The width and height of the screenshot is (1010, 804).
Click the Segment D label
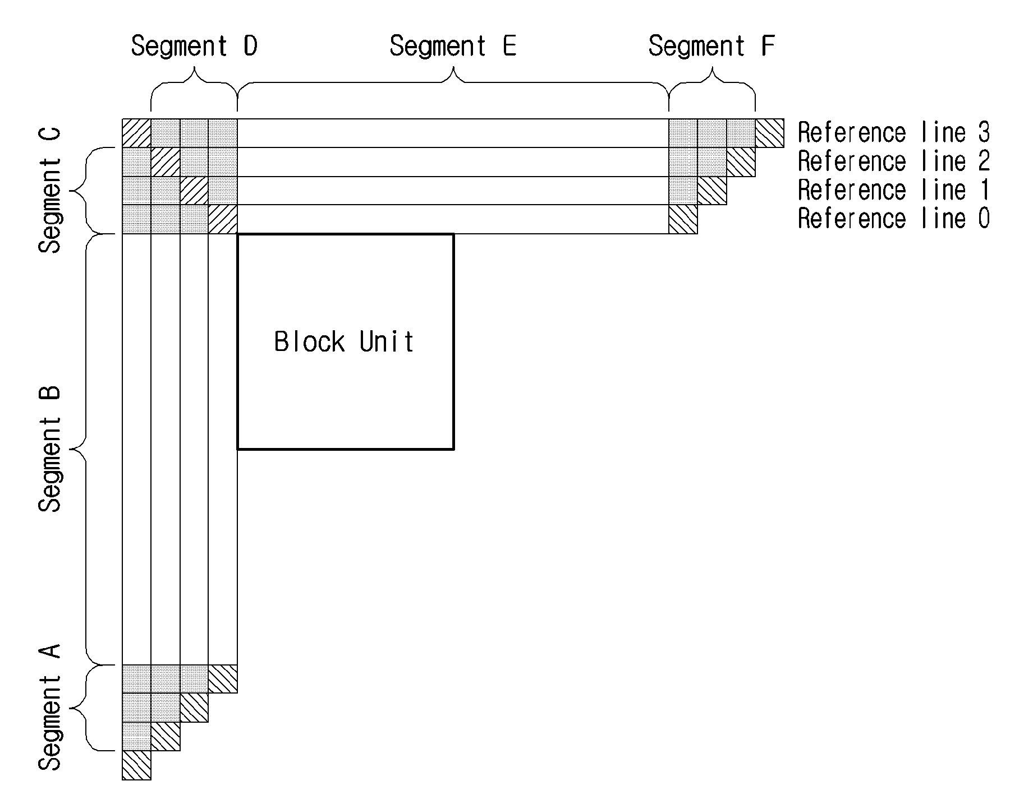pos(194,46)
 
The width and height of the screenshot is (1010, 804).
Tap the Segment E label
pos(453,46)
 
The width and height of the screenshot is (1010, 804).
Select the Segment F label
pos(711,46)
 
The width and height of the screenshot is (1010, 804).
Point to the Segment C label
pos(50,191)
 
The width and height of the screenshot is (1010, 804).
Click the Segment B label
pos(50,448)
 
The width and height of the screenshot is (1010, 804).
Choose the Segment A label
pos(50,708)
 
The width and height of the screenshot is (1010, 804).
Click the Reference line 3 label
pos(894,133)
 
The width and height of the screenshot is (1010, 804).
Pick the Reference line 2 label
pos(894,161)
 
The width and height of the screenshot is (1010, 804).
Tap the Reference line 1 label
pos(894,190)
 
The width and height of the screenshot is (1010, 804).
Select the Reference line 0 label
pos(894,219)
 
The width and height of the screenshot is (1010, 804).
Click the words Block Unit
pos(344,341)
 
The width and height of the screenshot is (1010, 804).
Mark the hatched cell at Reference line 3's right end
pos(769,133)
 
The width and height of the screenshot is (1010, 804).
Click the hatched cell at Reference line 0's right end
pos(683,219)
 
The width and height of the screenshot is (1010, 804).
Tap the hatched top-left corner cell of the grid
pos(137,133)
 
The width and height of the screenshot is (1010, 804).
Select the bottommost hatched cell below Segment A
pos(137,765)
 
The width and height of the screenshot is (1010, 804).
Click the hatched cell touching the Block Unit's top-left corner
pos(223,219)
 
